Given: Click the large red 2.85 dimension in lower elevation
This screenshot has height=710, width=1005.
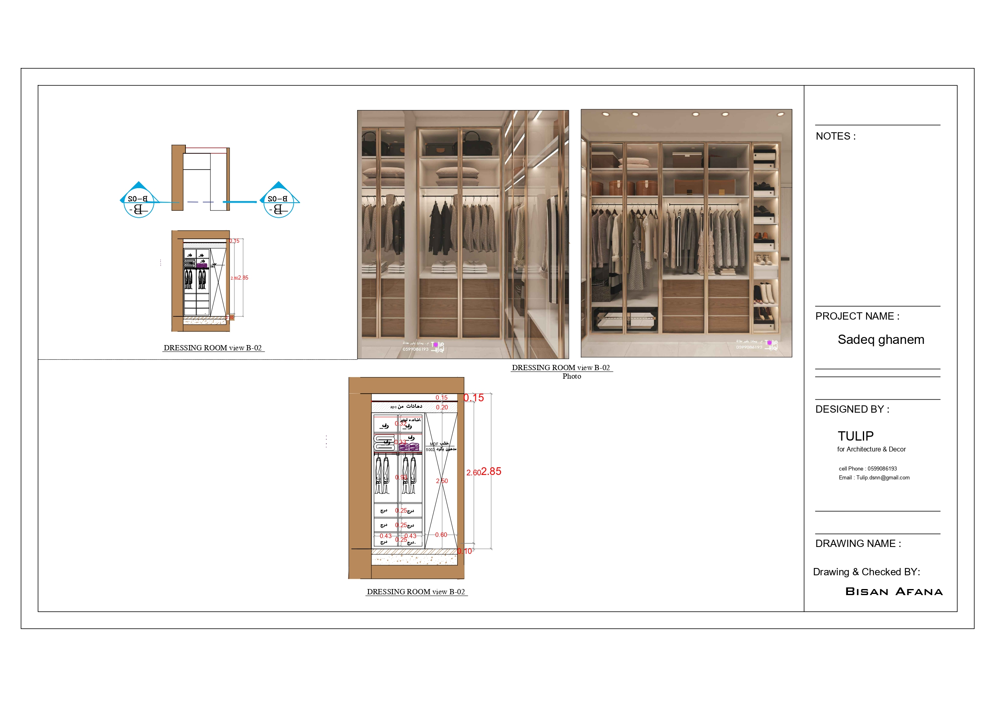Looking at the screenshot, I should (x=491, y=472).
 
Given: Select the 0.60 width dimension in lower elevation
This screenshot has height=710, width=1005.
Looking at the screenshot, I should (x=441, y=534).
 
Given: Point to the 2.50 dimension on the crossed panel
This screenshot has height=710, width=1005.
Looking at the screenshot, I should (x=442, y=481).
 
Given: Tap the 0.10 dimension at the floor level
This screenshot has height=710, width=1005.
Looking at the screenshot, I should (x=465, y=551).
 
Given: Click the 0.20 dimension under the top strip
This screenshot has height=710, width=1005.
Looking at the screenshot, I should (x=442, y=407).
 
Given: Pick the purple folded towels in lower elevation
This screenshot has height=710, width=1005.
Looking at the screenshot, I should (x=409, y=447).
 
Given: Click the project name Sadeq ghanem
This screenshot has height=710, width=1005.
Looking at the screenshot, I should (x=881, y=339).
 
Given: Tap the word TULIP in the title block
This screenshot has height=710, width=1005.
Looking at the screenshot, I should (x=855, y=436).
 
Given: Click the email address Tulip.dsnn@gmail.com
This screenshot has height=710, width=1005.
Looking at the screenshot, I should (x=882, y=477).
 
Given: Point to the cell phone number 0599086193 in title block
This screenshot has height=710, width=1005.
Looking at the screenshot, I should (x=882, y=468).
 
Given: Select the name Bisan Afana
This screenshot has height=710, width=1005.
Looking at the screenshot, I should (x=894, y=591).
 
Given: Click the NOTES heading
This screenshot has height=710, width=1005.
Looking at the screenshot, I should (x=835, y=136).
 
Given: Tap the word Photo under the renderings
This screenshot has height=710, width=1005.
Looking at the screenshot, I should (x=572, y=376).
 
